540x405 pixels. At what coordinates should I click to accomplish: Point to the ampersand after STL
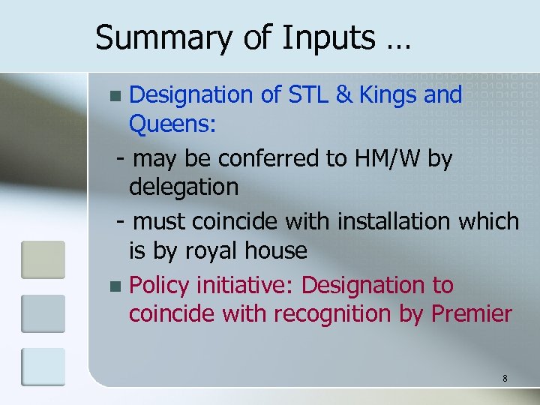pos(344,95)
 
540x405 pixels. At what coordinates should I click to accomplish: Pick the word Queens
pos(172,124)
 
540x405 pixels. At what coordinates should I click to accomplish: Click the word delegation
pos(184,187)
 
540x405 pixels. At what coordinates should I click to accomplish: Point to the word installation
pos(394,221)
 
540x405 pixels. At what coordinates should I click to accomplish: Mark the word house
pos(278,250)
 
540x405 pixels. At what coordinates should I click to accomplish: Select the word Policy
pos(159,286)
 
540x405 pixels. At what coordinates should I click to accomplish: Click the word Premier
pos(472,314)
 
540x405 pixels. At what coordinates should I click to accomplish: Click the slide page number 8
pos(505,379)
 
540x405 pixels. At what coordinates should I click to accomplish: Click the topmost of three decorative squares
pos(43,259)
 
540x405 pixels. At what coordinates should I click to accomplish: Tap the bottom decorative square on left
pos(43,367)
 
